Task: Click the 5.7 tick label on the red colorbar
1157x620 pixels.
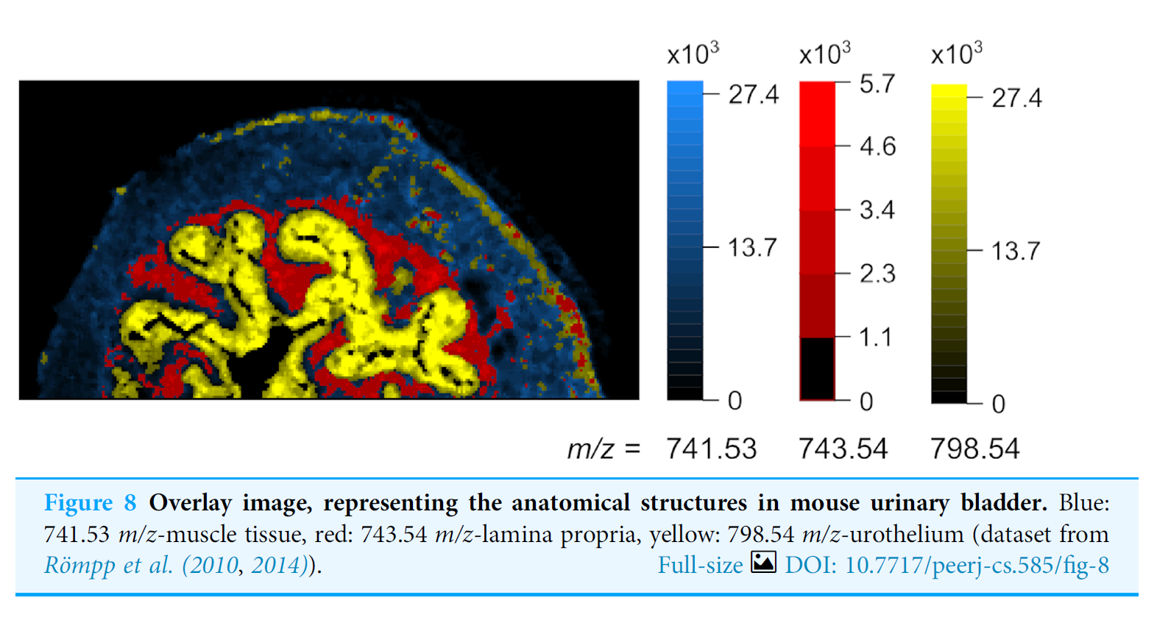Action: pos(877,84)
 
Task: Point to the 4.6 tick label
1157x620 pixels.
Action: pos(877,146)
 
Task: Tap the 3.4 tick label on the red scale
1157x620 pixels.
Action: pos(877,210)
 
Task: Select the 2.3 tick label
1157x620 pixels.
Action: pos(877,274)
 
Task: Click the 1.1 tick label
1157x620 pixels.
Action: pos(875,338)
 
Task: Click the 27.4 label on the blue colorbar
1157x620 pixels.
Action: pos(753,94)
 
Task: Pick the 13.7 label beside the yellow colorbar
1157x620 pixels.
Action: pos(1015,252)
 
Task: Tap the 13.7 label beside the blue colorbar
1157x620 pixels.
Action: pos(752,248)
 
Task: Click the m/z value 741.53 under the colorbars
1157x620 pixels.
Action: pos(711,449)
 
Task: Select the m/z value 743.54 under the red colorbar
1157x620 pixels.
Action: pos(843,449)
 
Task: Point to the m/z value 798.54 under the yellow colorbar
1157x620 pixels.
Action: pos(974,449)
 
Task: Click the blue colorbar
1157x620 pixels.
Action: pos(684,240)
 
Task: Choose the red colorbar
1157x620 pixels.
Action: pos(817,240)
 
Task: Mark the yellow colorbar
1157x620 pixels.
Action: pos(949,243)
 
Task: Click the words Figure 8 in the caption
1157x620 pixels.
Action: pos(90,503)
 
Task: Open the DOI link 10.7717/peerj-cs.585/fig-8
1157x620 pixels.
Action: pos(947,565)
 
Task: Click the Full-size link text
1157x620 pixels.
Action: pos(700,565)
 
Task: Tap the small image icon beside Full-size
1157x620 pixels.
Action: pos(763,563)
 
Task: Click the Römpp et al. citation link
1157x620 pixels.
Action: pos(108,565)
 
